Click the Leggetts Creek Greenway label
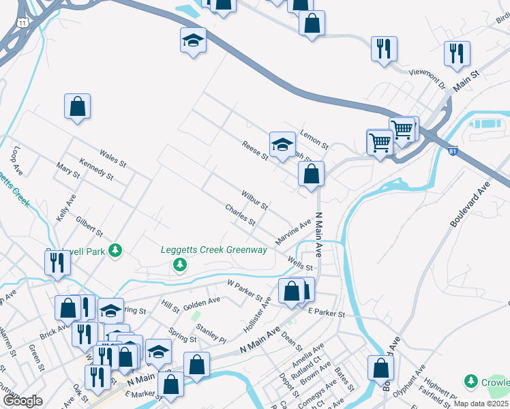(x=213, y=249)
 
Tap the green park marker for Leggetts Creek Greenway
(x=179, y=264)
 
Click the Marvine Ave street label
(x=293, y=232)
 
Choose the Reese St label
(x=255, y=151)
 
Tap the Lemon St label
(x=314, y=141)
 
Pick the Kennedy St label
(x=96, y=169)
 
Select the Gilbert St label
(x=89, y=226)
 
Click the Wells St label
(x=300, y=263)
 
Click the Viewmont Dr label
(x=426, y=79)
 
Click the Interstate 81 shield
(x=453, y=151)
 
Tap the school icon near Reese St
(x=282, y=143)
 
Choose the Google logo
(x=22, y=401)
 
